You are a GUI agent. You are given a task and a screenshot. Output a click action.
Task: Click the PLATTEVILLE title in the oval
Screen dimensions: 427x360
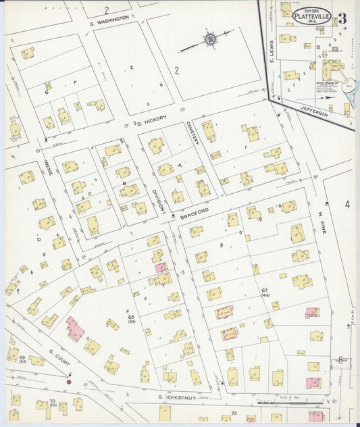(x=311, y=16)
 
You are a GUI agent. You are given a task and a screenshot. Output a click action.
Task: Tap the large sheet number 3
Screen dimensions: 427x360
(x=344, y=17)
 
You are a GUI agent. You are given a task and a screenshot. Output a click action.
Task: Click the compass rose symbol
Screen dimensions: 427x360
(x=210, y=39)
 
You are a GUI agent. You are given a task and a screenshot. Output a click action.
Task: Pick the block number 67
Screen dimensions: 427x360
(x=265, y=291)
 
